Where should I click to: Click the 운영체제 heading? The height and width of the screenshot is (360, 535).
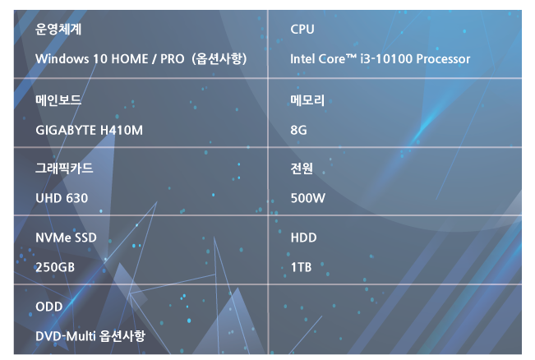coord(58,29)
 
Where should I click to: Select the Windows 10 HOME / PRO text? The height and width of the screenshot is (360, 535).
coord(110,58)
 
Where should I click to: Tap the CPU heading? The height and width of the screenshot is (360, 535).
coord(302,30)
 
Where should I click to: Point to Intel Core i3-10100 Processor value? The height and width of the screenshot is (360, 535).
coord(380,58)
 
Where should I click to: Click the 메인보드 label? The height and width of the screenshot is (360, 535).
coord(58,100)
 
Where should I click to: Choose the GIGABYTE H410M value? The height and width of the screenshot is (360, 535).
coord(89,130)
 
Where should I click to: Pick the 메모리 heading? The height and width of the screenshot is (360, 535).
coord(307,100)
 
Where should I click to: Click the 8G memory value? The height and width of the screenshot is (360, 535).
coord(298,130)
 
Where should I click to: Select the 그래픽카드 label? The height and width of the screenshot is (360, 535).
coord(64,168)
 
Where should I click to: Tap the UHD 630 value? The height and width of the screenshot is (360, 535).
coord(62,198)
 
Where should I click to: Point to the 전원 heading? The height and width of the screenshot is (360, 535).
coord(302,168)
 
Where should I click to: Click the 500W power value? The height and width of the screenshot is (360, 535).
coord(307,198)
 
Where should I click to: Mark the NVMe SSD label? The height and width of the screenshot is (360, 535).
coord(66,238)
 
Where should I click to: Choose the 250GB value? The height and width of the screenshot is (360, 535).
coord(55,267)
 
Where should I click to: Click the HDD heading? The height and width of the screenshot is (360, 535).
coord(303,238)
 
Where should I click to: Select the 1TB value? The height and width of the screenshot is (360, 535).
coord(301,267)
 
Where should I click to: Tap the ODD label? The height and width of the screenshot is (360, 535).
coord(48,307)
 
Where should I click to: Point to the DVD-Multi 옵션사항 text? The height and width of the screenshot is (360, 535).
coord(90,336)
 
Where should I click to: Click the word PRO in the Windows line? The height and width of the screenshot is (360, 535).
coord(173,58)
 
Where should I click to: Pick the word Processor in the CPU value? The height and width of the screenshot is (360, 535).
coord(443,58)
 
